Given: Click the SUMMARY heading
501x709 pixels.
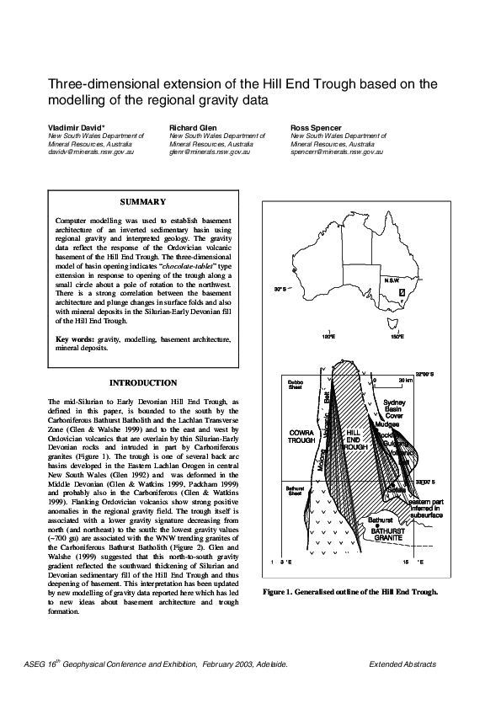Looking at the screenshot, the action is tap(142, 202).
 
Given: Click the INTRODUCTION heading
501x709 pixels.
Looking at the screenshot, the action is tap(143, 383).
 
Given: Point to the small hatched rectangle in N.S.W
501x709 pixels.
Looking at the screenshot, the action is tap(402, 292).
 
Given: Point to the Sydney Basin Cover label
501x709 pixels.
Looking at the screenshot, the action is tap(395, 410).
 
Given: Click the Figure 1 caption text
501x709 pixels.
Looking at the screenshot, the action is tap(350, 591).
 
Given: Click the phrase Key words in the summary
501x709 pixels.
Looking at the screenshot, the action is tap(75, 339).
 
